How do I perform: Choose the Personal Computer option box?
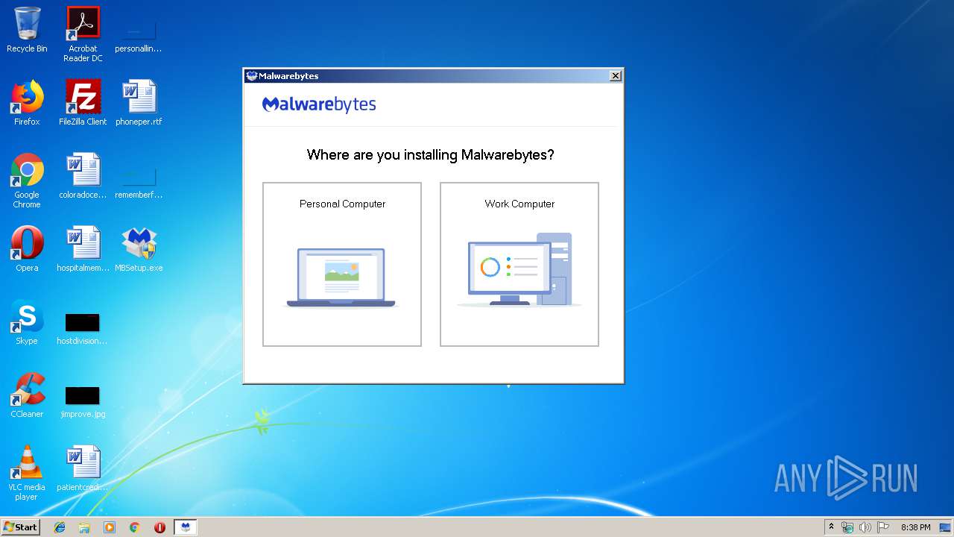pyautogui.click(x=342, y=264)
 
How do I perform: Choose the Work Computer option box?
pyautogui.click(x=519, y=264)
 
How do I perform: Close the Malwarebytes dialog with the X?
pyautogui.click(x=615, y=76)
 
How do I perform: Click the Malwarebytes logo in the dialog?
pyautogui.click(x=319, y=104)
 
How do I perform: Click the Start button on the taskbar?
pyautogui.click(x=21, y=527)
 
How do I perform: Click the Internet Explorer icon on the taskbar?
pyautogui.click(x=60, y=527)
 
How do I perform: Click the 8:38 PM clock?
pyautogui.click(x=915, y=527)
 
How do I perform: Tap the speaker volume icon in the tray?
pyautogui.click(x=865, y=527)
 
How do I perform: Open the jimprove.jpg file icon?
pyautogui.click(x=83, y=396)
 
